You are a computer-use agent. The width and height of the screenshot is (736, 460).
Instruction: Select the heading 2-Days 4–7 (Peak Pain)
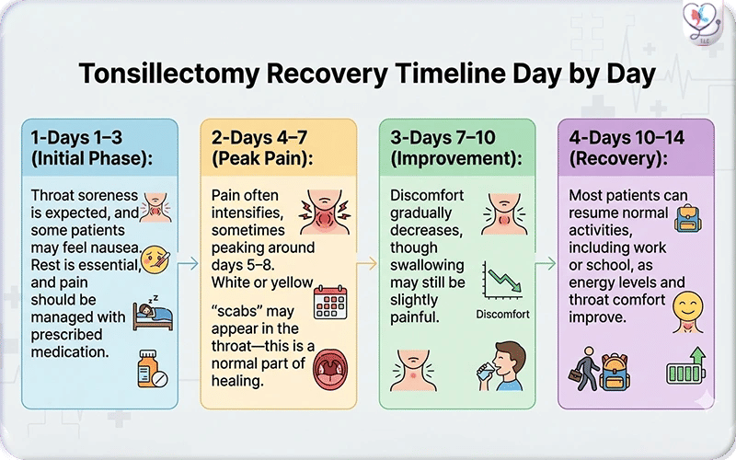click(x=268, y=146)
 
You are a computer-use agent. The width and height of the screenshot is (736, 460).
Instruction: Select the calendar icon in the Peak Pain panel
click(x=329, y=302)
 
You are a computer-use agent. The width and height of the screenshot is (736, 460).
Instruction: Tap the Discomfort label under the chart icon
click(x=502, y=314)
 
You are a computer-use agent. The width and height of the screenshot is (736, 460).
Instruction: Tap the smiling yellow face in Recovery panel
click(x=686, y=306)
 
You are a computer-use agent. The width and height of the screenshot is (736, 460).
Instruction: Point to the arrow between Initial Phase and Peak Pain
click(x=189, y=264)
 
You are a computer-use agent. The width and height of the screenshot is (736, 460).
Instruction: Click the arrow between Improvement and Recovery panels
click(x=546, y=264)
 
